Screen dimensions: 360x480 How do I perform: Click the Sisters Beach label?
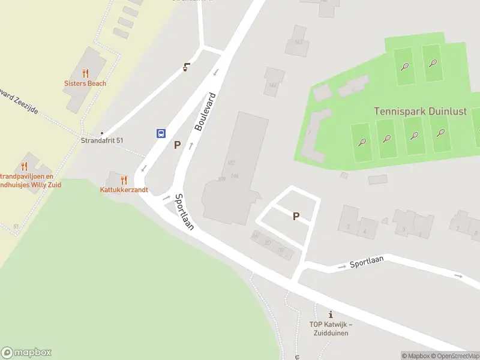85,83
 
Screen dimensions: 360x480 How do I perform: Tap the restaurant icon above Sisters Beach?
85,73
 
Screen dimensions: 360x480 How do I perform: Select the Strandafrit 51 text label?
102,140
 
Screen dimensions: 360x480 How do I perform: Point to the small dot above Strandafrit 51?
102,133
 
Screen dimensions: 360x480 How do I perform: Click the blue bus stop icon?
161,133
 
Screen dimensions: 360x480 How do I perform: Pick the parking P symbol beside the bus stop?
177,145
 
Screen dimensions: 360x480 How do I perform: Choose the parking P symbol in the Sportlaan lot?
296,216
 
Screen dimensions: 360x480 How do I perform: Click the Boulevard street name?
205,112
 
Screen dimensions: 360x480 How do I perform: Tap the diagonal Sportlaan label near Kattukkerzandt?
184,212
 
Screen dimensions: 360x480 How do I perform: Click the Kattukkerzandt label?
124,190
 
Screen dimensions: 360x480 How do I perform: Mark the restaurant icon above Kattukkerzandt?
124,180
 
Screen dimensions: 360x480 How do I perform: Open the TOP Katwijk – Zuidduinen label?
331,328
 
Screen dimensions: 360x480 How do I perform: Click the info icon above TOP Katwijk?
331,314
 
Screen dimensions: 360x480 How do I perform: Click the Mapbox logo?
26,353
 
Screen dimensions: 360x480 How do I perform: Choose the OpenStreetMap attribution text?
454,356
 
